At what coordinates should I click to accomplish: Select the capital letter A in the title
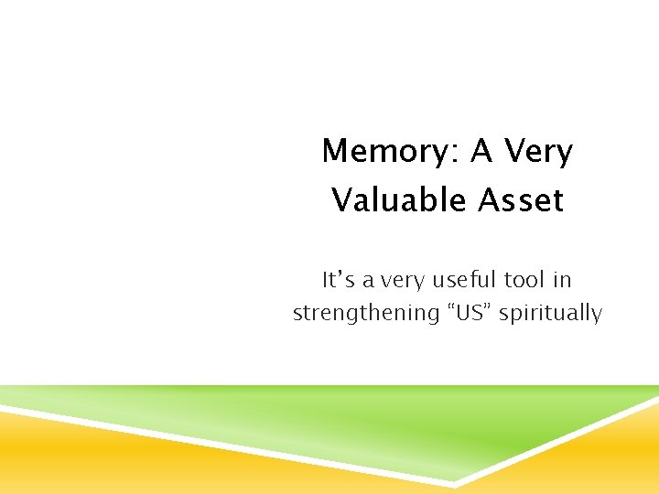coord(481,152)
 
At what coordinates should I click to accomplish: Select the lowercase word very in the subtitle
coord(407,280)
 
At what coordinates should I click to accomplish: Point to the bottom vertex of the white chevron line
coord(456,483)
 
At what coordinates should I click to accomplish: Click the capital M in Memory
coord(335,152)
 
